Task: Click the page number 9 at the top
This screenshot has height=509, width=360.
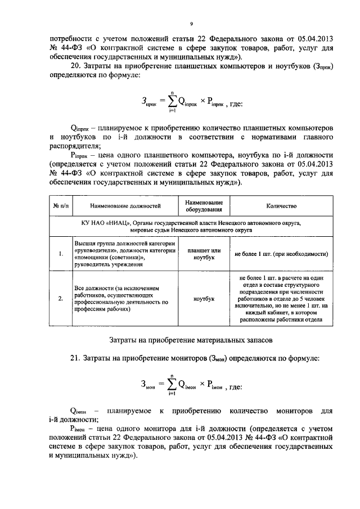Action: pos(191,24)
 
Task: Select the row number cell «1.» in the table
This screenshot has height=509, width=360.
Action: pos(60,254)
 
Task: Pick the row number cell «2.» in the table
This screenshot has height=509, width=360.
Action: pos(60,299)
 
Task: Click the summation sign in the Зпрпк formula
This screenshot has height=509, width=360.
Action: pos(168,102)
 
